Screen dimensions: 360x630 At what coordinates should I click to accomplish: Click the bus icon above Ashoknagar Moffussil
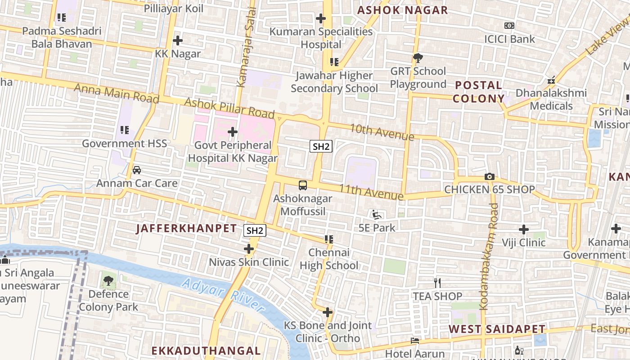pyautogui.click(x=303, y=185)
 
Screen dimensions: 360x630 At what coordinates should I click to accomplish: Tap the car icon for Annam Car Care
pyautogui.click(x=137, y=170)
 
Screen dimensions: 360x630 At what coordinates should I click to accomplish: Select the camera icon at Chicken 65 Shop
pyautogui.click(x=490, y=177)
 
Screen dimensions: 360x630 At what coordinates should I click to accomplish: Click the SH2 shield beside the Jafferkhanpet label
pyautogui.click(x=255, y=231)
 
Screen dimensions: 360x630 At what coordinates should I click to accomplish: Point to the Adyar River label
pyautogui.click(x=224, y=295)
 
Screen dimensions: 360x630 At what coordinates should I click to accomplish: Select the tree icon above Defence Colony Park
pyautogui.click(x=108, y=281)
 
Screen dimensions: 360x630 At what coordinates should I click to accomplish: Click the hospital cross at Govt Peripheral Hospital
pyautogui.click(x=233, y=132)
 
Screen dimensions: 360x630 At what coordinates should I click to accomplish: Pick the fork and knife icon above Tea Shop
pyautogui.click(x=437, y=283)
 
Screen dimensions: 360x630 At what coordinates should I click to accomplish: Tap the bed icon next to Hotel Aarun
pyautogui.click(x=415, y=341)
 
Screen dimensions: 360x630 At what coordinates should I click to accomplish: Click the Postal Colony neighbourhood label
pyautogui.click(x=479, y=92)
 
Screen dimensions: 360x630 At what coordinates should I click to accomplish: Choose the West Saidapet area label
pyautogui.click(x=497, y=329)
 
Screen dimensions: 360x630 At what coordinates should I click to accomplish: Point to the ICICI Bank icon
pyautogui.click(x=509, y=26)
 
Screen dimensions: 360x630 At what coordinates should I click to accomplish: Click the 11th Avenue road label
pyautogui.click(x=371, y=192)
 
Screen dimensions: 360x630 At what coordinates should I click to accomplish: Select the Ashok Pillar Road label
pyautogui.click(x=229, y=107)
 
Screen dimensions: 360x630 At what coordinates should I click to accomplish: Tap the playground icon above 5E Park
pyautogui.click(x=377, y=215)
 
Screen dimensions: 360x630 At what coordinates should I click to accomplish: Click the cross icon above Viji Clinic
pyautogui.click(x=524, y=229)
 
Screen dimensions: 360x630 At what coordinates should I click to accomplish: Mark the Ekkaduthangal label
pyautogui.click(x=206, y=351)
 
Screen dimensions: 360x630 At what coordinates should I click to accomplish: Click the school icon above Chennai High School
pyautogui.click(x=329, y=239)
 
